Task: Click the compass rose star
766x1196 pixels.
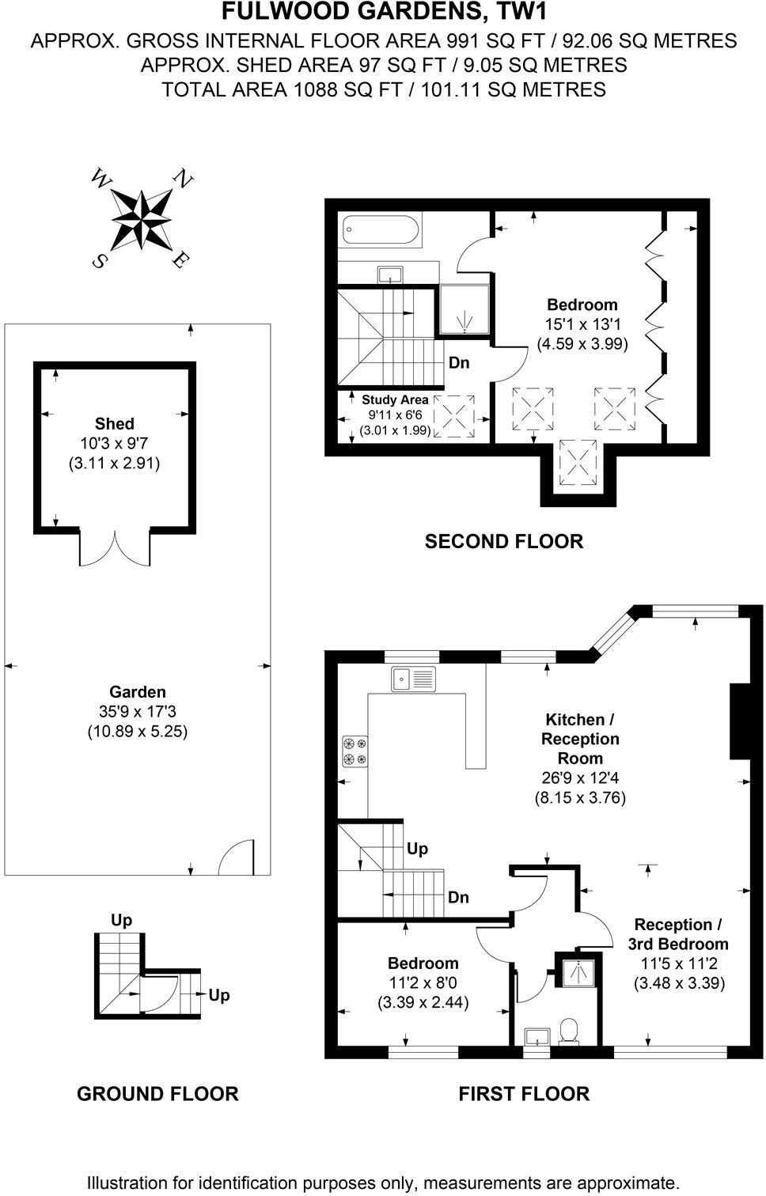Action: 141,219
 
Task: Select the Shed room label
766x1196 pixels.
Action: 114,424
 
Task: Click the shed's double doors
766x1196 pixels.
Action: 115,548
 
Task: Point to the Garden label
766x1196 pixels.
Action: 137,692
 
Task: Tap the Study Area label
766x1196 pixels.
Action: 395,399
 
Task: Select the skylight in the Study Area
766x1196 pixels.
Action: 457,415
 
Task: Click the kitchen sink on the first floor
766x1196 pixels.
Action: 412,678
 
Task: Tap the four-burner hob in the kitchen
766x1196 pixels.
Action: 355,751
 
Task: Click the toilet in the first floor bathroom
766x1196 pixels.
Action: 567,1031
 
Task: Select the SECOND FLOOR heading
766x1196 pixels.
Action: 503,541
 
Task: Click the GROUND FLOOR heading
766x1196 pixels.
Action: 157,1094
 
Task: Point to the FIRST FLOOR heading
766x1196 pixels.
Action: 524,1094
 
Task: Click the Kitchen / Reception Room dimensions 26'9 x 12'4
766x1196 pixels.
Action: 580,778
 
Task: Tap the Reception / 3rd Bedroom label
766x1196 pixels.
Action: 678,934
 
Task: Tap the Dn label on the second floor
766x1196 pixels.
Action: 459,363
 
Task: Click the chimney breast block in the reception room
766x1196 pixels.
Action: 738,720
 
